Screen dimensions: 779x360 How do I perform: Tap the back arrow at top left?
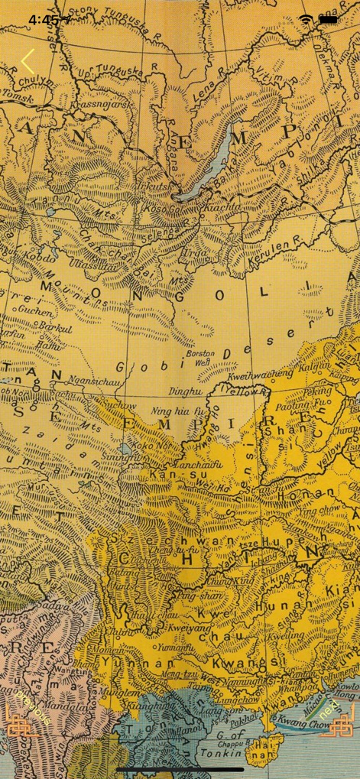[28, 62]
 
